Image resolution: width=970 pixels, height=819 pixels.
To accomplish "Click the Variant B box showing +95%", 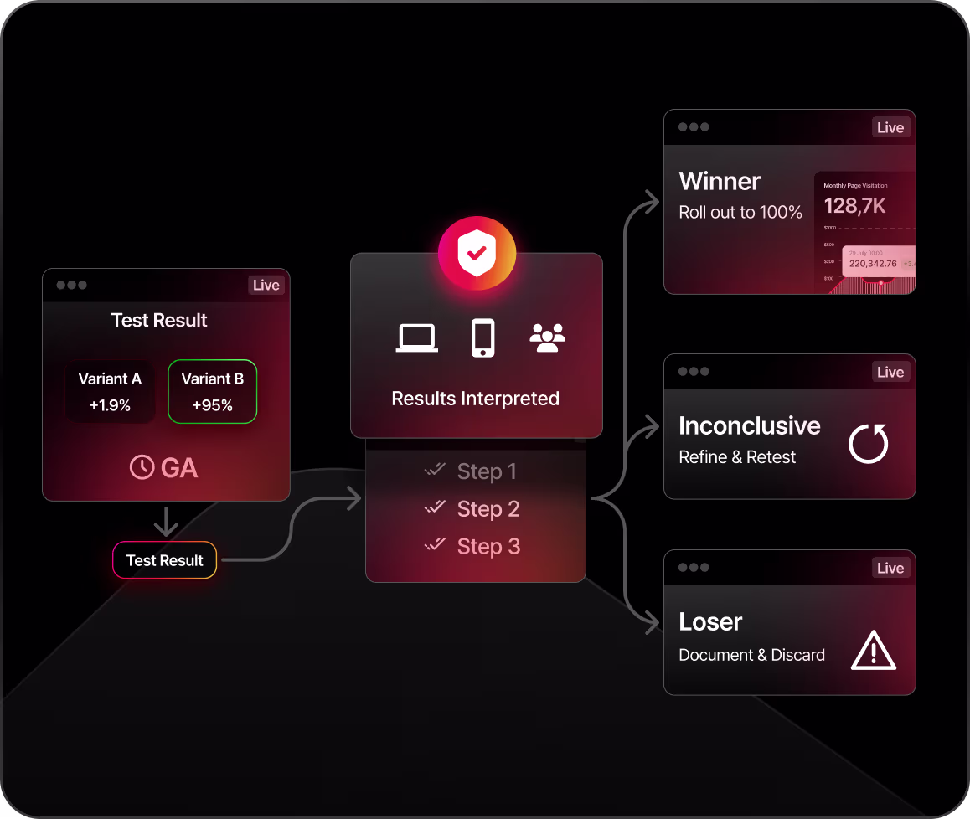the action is pos(212,392).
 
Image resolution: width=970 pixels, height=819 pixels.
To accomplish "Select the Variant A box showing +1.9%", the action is pos(110,392).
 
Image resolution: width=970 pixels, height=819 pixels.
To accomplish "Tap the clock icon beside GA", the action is pos(142,467).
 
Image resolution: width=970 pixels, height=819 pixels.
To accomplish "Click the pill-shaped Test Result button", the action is pos(165,560).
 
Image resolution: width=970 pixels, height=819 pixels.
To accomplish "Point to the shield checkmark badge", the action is pos(476,254).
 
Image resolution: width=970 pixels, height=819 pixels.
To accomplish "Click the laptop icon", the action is pos(416,338).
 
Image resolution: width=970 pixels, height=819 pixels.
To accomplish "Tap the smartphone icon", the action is pos(482,337).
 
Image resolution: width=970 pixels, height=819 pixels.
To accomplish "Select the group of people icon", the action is pos(547,337).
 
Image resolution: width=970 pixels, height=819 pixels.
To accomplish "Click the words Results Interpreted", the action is pos(475,399).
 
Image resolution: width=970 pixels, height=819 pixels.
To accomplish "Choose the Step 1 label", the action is pos(487,471).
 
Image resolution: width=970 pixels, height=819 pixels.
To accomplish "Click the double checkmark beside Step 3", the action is pos(435,545).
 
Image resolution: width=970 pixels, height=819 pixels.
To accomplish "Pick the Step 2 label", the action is pos(488,508).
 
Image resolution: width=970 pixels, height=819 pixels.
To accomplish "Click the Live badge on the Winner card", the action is pos(890,127).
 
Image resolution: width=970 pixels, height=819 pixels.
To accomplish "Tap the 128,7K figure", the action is pos(854,205).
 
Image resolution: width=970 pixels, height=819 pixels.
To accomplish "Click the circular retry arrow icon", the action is pos(868,444).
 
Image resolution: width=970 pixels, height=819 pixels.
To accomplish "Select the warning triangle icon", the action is pos(873,650).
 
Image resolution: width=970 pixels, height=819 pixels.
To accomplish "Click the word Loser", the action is pos(710,622).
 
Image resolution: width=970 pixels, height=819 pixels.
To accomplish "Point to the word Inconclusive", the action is pos(749,426).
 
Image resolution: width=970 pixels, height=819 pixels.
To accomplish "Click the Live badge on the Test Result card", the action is pos(266,285).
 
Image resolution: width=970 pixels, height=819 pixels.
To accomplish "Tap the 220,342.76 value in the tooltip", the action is pos(872,263).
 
